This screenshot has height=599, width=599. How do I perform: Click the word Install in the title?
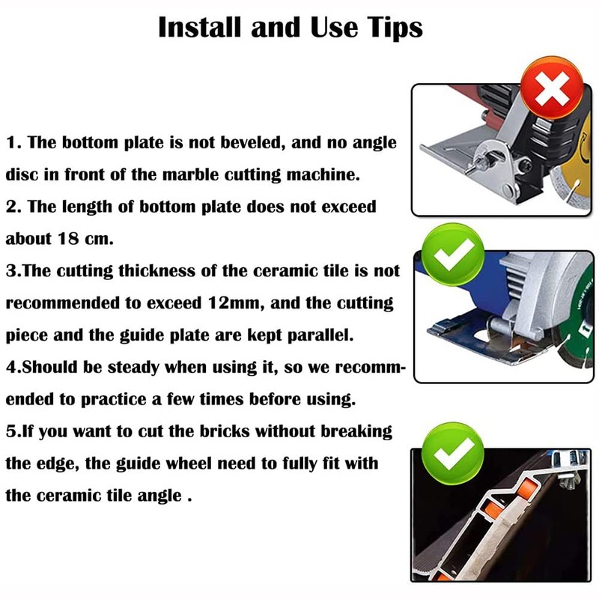tap(200, 28)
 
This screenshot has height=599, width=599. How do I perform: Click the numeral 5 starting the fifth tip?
tap(10, 432)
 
